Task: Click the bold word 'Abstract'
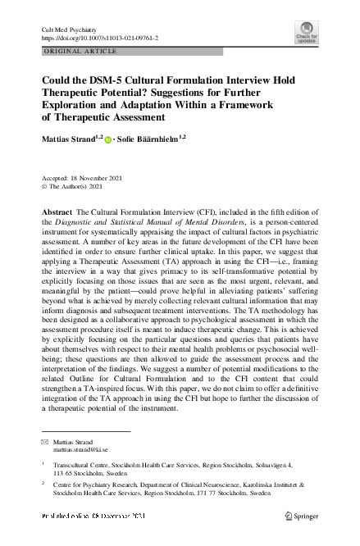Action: [x=56, y=212]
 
